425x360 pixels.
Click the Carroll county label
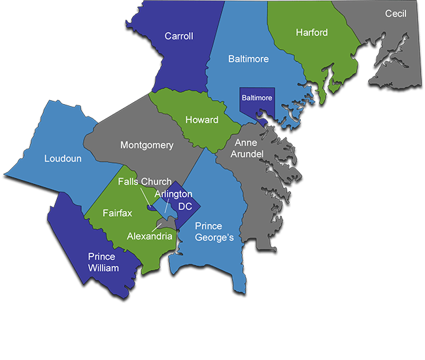tap(178, 36)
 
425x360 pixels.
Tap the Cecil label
tap(396, 13)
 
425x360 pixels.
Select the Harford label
tap(311, 32)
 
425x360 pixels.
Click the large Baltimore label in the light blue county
tap(248, 59)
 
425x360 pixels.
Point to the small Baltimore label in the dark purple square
tap(257, 98)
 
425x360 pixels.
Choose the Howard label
tap(201, 120)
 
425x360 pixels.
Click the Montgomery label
tap(146, 145)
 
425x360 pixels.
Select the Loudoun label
tap(63, 158)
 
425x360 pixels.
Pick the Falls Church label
tap(144, 182)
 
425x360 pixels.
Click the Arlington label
tap(173, 194)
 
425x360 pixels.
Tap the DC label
tap(185, 206)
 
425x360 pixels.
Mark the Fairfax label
tap(117, 213)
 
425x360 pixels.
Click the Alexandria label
tap(150, 236)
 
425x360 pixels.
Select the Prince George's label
tap(214, 232)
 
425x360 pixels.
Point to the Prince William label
tap(103, 262)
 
